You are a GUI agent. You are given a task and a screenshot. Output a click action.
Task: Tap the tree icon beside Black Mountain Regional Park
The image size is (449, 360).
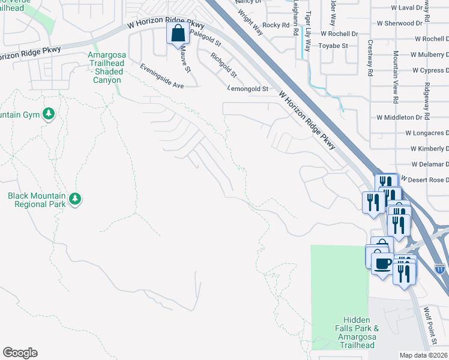[75, 199]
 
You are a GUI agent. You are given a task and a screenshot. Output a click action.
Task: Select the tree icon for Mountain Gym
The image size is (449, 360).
[49, 114]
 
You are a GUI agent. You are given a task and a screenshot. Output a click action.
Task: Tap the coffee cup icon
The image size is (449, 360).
[382, 263]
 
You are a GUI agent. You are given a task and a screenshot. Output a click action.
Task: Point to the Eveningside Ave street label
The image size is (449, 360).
[161, 77]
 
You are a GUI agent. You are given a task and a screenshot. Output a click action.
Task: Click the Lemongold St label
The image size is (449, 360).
[248, 89]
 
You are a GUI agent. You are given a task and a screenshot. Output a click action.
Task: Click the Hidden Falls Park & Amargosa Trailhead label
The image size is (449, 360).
[360, 332]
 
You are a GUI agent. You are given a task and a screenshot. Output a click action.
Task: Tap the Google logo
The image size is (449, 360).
[20, 353]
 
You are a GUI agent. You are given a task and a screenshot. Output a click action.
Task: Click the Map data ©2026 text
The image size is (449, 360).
[423, 355]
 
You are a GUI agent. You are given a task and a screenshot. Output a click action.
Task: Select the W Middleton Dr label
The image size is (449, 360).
[400, 118]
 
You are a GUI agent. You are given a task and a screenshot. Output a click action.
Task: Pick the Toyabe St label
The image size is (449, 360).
[333, 46]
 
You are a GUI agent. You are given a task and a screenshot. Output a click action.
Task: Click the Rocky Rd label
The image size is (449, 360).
[276, 25]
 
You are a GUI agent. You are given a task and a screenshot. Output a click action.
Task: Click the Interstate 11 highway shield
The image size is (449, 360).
[440, 267]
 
